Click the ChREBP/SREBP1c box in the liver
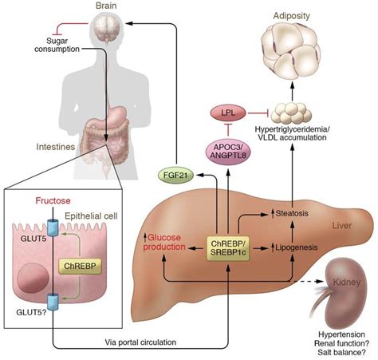click(229, 247)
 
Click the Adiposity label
click(306, 14)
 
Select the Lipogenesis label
click(296, 248)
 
